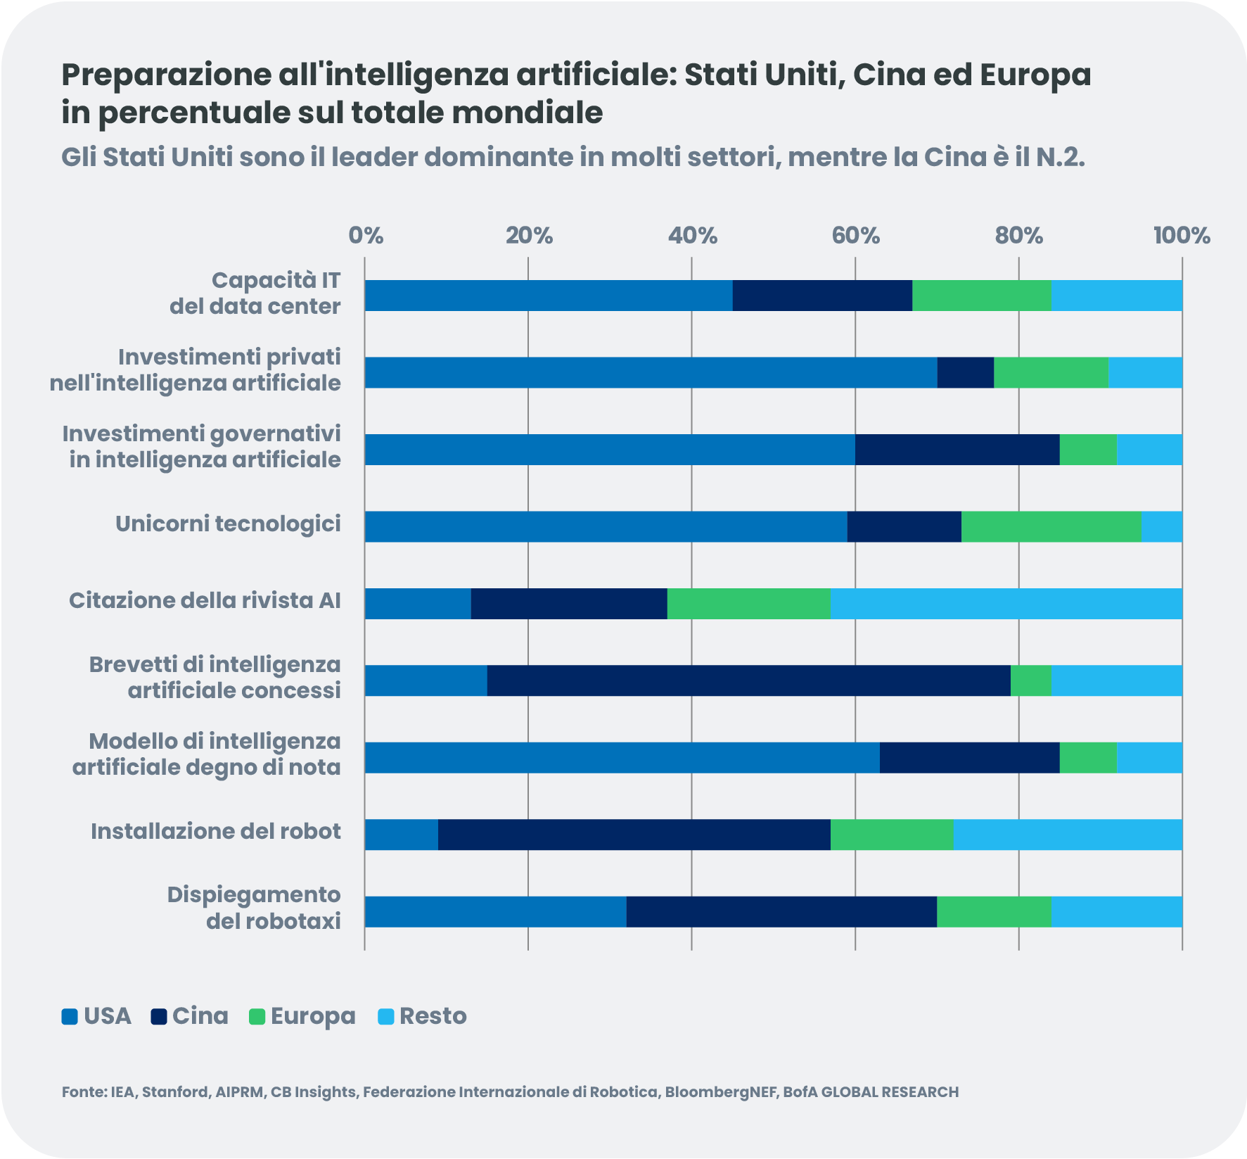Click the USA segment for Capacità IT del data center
pyautogui.click(x=549, y=296)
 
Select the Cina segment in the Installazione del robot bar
pyautogui.click(x=634, y=835)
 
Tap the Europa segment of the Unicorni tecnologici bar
pyautogui.click(x=1051, y=526)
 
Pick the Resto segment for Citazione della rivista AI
pyautogui.click(x=1006, y=604)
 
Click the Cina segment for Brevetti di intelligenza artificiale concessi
pyautogui.click(x=748, y=680)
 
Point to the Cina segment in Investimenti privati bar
pyautogui.click(x=965, y=372)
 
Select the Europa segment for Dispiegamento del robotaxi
pyautogui.click(x=994, y=912)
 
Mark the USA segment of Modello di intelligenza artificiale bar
pyautogui.click(x=622, y=758)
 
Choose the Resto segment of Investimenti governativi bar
pyautogui.click(x=1149, y=450)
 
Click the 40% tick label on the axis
pyautogui.click(x=692, y=236)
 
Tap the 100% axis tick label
pyautogui.click(x=1182, y=236)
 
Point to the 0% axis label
pyautogui.click(x=366, y=236)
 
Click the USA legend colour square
pyautogui.click(x=69, y=1017)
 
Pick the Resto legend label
pyautogui.click(x=433, y=1016)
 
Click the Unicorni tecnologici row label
pyautogui.click(x=228, y=524)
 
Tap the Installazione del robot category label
pyautogui.click(x=215, y=832)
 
